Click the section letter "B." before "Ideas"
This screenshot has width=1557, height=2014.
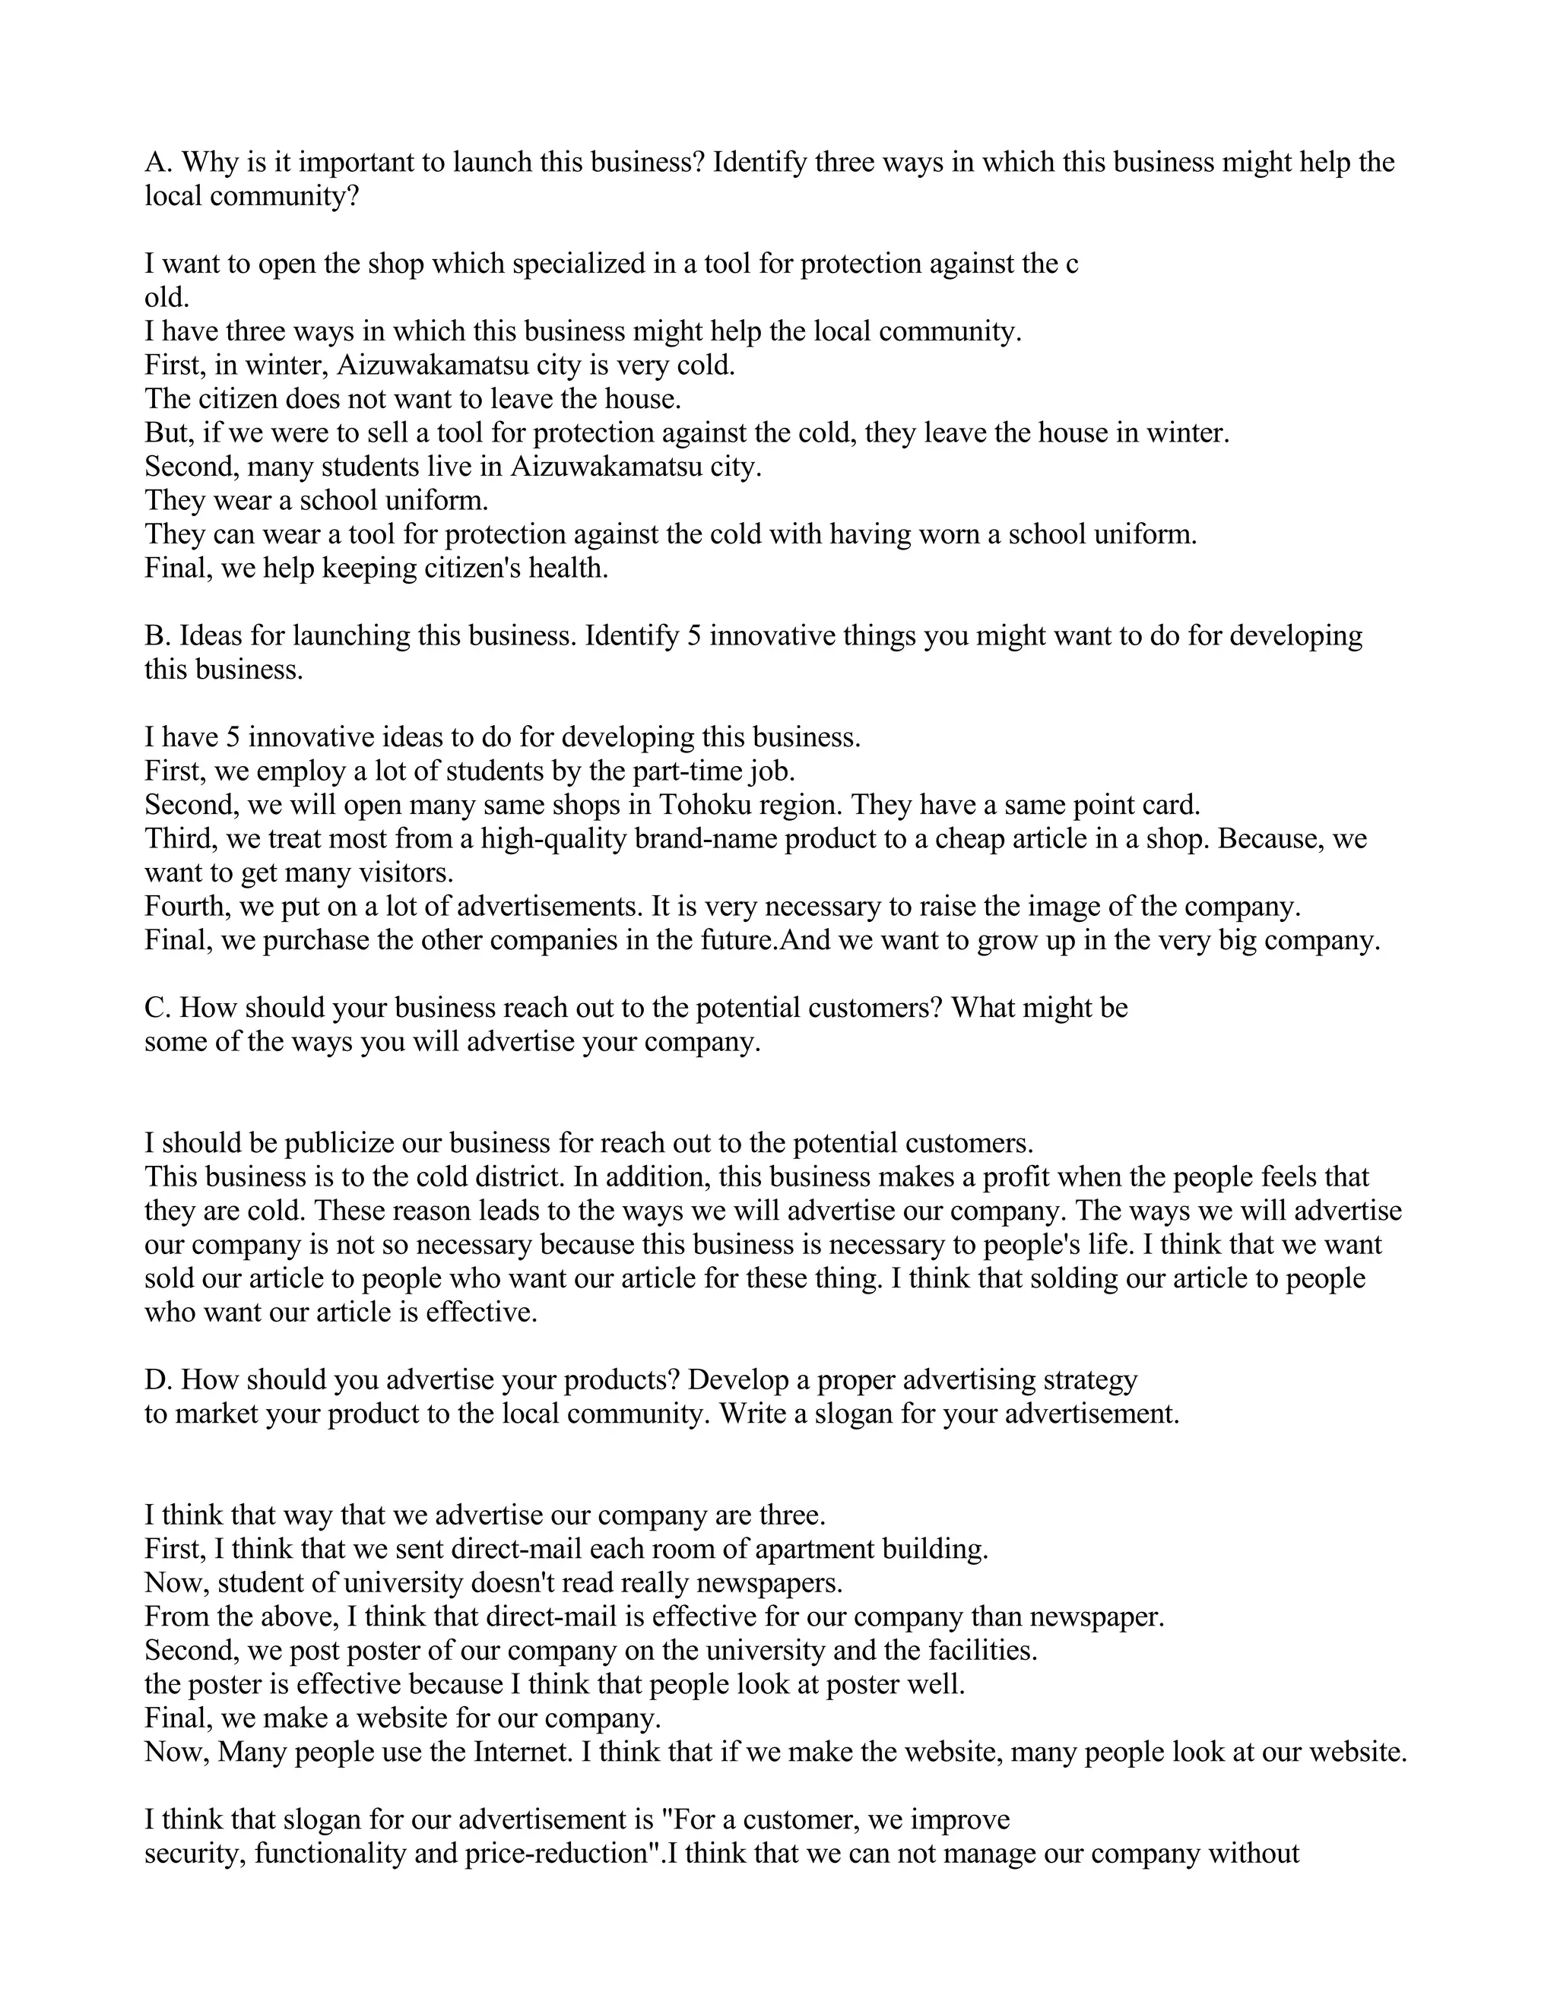[157, 635]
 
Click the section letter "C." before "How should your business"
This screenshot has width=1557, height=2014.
[157, 1008]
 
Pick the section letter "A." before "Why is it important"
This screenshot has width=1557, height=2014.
[157, 163]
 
